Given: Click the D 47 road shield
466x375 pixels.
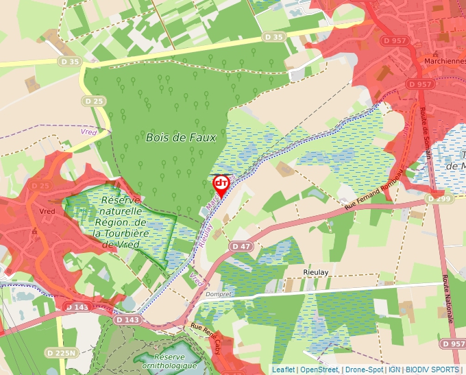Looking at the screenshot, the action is [241, 245].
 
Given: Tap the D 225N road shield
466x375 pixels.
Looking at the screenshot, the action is [60, 352].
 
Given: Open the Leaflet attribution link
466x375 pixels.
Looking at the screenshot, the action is [283, 370].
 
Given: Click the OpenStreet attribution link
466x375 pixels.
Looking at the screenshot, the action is [319, 370].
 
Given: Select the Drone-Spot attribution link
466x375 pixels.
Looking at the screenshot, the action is [364, 370].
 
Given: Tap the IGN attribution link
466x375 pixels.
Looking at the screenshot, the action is [394, 370].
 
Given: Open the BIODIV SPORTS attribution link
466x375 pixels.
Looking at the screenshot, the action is [432, 370].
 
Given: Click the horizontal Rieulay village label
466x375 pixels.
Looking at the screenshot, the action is [317, 272].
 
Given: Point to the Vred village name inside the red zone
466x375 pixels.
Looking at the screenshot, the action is [47, 212].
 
